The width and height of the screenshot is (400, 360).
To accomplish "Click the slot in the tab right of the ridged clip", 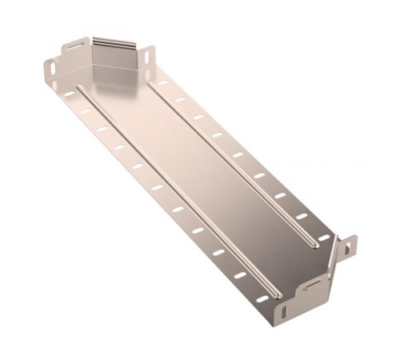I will (149, 56).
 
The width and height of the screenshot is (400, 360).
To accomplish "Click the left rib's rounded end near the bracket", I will (276, 289).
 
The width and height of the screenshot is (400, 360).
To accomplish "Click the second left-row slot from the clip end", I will (84, 111).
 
